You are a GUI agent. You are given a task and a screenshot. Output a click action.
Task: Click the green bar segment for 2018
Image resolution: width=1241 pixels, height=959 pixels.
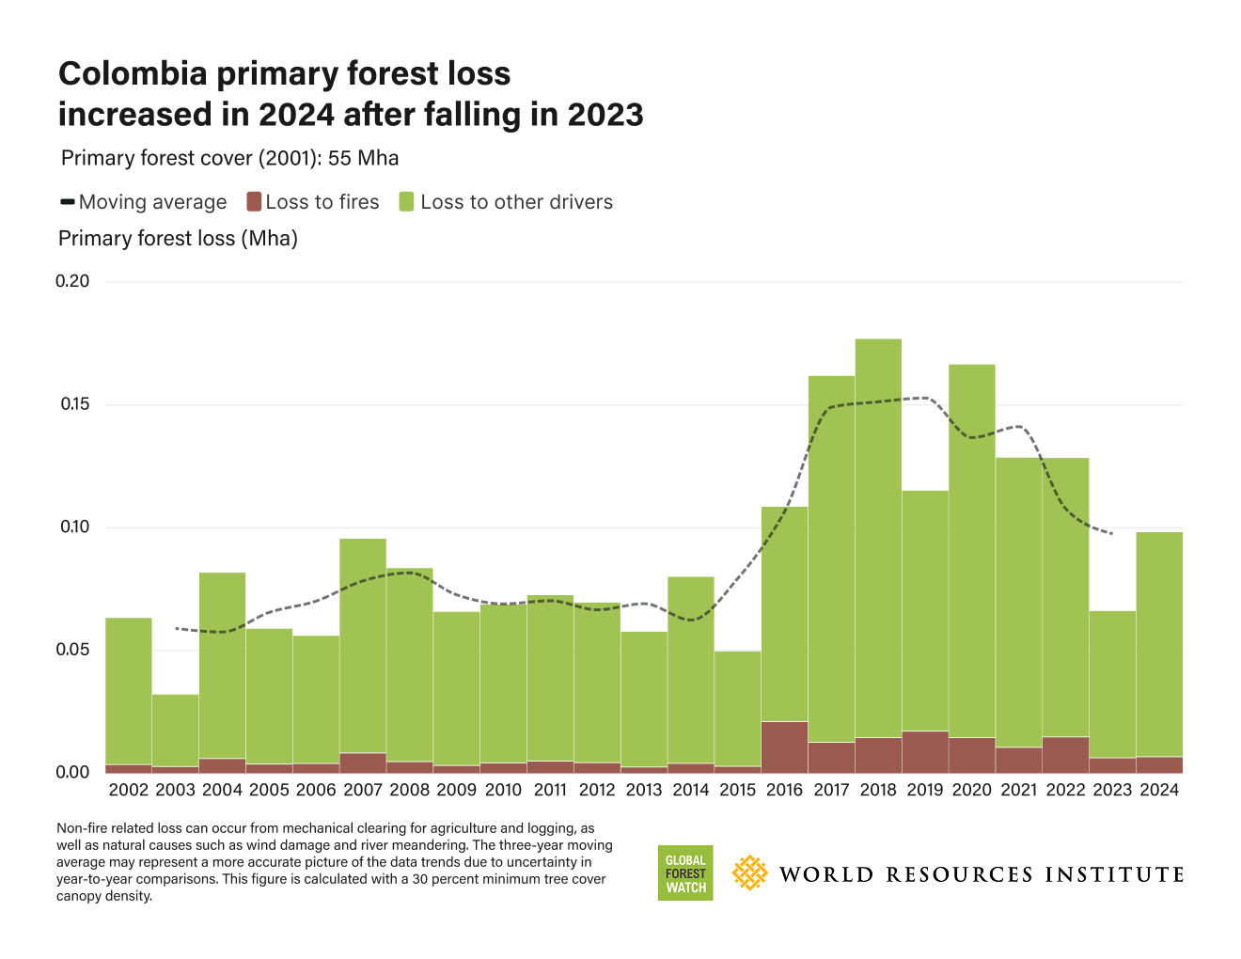[878, 536]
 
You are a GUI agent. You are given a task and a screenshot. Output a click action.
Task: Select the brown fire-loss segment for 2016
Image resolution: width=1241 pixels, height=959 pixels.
[785, 747]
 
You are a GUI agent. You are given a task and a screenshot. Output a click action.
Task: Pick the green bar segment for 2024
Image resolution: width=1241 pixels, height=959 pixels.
[1159, 644]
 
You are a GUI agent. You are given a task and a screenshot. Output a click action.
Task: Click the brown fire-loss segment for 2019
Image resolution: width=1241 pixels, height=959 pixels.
[925, 752]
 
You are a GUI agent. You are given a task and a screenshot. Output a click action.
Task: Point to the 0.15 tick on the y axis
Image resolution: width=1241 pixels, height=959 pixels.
[74, 404]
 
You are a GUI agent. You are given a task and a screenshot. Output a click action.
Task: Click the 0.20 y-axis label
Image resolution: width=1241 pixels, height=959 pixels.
[73, 281]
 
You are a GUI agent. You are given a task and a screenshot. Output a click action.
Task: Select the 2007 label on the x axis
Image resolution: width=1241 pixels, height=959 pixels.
[363, 790]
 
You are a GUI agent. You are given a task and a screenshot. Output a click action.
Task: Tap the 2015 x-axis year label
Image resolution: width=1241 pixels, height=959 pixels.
[738, 790]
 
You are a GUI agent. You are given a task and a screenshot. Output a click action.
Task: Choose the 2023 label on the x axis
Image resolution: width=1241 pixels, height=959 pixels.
[1112, 790]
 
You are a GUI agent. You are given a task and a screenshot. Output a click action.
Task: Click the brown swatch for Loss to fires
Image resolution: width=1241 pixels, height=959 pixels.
[254, 201]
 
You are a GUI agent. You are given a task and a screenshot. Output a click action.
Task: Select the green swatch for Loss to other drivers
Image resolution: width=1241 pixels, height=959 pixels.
[407, 201]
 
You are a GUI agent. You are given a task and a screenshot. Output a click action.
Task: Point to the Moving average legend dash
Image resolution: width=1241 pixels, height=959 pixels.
[68, 201]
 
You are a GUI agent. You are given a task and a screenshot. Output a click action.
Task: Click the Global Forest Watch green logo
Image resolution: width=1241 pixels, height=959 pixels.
[685, 873]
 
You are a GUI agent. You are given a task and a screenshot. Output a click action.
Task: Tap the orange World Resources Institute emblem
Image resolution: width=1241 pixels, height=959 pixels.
[749, 873]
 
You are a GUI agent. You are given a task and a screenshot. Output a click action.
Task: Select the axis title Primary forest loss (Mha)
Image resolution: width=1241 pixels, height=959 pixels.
[178, 239]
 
